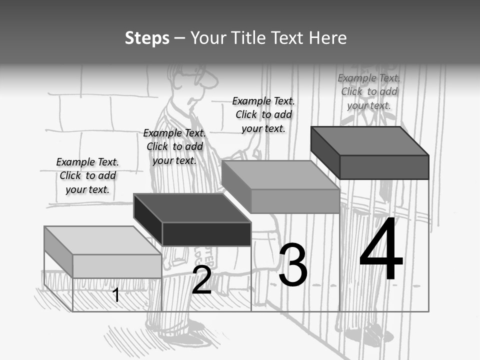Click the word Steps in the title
click(147, 38)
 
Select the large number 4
click(381, 250)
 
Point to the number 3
click(293, 265)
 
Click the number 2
click(201, 280)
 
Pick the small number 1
click(116, 295)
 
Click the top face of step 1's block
click(102, 240)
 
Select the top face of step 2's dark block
click(192, 208)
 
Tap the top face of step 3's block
click(280, 175)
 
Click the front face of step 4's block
click(384, 167)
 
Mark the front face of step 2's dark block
click(206, 234)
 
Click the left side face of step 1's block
click(58, 251)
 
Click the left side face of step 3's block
click(236, 186)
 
